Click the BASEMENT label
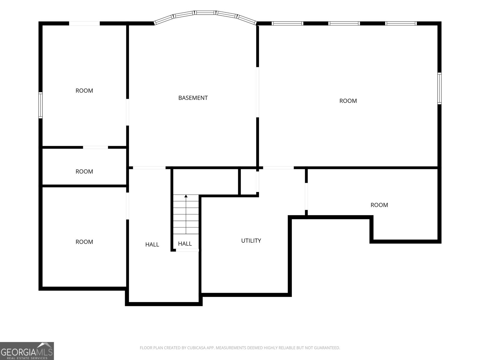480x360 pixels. [x=193, y=98]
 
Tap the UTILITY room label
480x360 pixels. [x=251, y=241]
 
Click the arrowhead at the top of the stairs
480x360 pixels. [x=186, y=196]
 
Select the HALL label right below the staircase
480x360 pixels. [x=185, y=244]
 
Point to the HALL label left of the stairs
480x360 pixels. [x=152, y=244]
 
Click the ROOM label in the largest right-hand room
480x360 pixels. [x=348, y=101]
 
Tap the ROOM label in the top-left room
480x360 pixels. [x=84, y=91]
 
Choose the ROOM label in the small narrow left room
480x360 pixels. [x=84, y=172]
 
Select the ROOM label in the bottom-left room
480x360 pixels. [x=84, y=242]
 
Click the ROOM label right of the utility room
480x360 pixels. [x=379, y=205]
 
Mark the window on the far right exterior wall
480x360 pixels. [x=439, y=88]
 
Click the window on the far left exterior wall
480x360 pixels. [x=40, y=105]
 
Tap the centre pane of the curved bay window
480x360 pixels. [x=205, y=13]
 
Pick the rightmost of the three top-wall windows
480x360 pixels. [x=401, y=23]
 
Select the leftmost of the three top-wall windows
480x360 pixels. [x=287, y=23]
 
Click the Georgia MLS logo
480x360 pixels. [x=27, y=351]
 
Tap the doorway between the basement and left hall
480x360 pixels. [x=149, y=168]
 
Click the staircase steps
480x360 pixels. [x=186, y=214]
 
